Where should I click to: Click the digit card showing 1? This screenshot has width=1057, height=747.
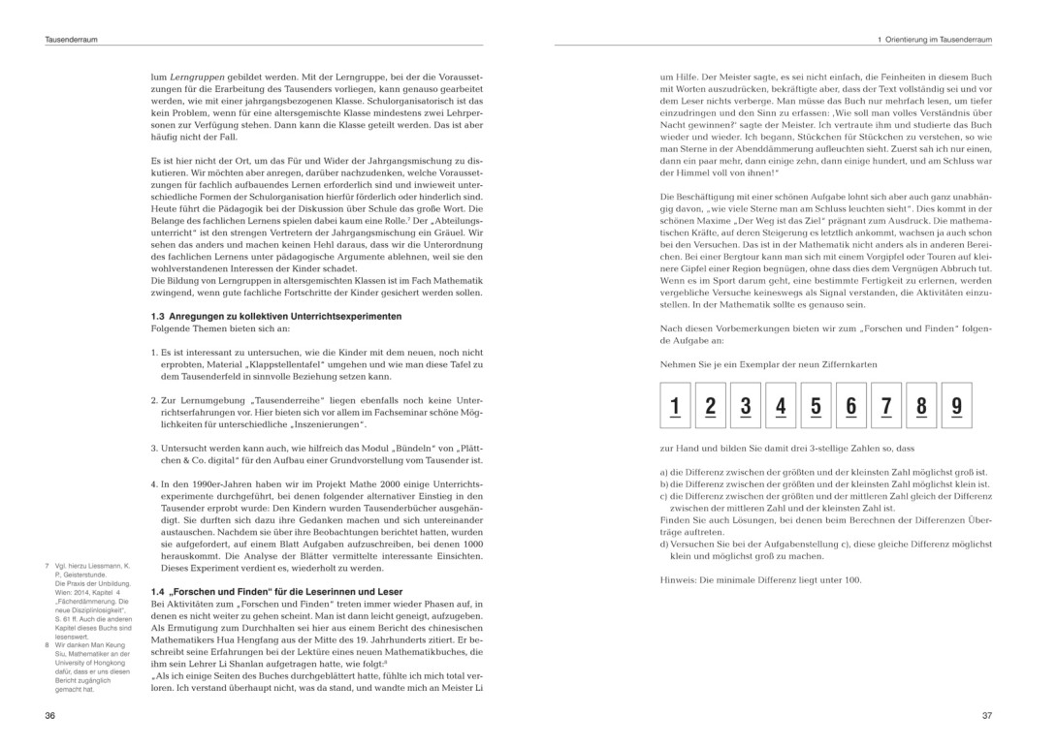point(675,405)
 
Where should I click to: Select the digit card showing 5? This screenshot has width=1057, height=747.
point(816,405)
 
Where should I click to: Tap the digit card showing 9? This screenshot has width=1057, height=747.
point(956,405)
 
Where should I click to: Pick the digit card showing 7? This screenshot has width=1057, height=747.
point(886,405)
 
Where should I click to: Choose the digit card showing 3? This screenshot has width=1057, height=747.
point(746,405)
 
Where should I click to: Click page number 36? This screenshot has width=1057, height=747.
point(50,715)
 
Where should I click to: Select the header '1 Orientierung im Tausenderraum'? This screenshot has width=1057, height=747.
point(934,40)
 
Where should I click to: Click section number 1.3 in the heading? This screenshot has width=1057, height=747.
point(159,317)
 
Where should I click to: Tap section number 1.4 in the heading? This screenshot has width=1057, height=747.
point(159,591)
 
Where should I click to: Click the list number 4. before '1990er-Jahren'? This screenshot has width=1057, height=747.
point(154,482)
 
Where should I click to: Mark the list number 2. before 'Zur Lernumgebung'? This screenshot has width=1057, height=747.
point(154,399)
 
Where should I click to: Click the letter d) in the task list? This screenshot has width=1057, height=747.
point(663,545)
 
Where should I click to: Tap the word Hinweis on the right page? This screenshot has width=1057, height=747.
point(677,579)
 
